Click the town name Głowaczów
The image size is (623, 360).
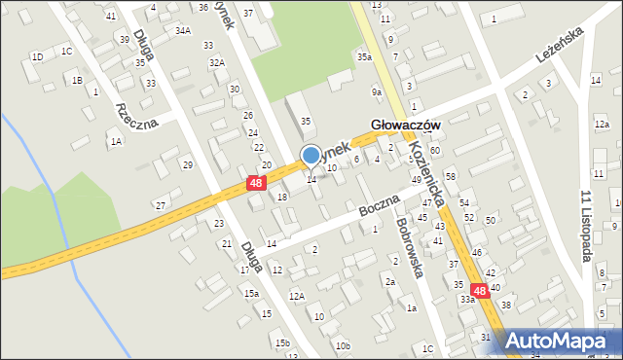(x=406, y=126)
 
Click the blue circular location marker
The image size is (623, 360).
(x=311, y=155)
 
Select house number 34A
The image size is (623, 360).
(x=182, y=31)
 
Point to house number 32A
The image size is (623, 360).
(x=216, y=62)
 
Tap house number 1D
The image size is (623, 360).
(x=37, y=56)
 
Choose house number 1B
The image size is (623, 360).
(x=76, y=81)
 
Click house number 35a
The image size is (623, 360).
(x=363, y=57)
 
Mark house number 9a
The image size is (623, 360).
(x=376, y=91)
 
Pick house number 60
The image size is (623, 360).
(x=435, y=151)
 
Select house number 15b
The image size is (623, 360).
(x=281, y=342)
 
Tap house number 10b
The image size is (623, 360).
(x=342, y=345)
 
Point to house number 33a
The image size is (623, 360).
(x=467, y=300)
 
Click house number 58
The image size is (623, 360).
(x=450, y=175)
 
